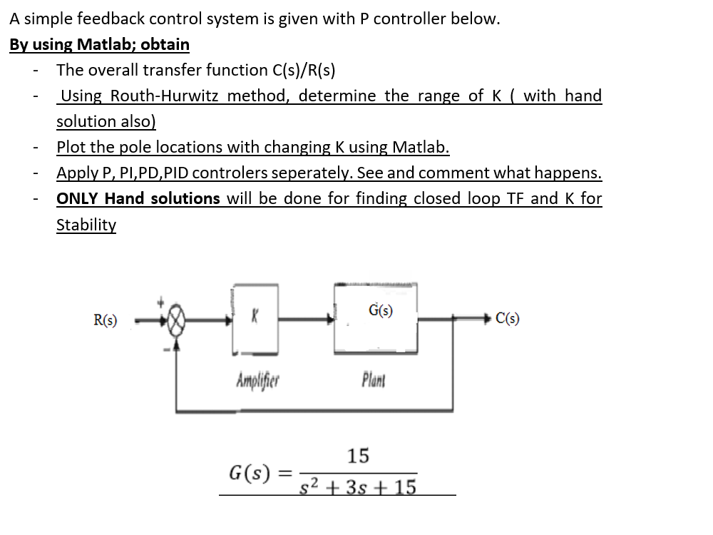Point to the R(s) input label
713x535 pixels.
[106, 320]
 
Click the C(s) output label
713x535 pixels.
[507, 318]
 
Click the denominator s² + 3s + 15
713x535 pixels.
[358, 488]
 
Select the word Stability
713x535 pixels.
[86, 225]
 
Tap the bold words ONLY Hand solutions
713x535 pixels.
[138, 198]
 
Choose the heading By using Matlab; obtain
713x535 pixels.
[99, 44]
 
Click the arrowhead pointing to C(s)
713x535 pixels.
[488, 318]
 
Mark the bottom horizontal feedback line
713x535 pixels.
[314, 411]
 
